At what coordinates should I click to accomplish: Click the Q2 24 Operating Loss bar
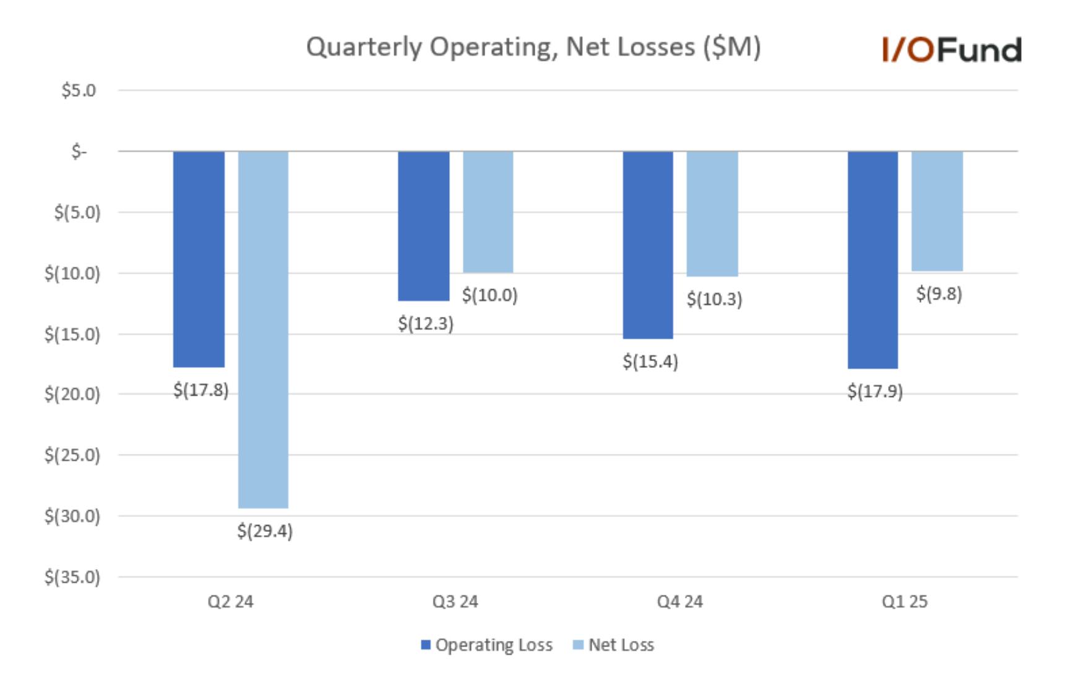199,259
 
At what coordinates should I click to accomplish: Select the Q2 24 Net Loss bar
263,329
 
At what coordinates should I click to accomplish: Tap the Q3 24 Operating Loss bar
424,226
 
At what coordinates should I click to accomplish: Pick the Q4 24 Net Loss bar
712,214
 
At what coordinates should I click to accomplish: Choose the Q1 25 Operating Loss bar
873,260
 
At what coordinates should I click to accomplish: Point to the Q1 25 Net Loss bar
937,211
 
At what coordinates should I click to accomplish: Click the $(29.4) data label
265,531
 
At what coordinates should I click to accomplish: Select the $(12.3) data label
426,323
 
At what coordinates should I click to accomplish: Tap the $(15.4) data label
650,361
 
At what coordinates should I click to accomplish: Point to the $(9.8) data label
939,294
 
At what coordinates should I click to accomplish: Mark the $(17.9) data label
875,391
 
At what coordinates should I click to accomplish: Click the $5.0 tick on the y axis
79,90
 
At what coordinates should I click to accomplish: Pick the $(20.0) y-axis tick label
72,394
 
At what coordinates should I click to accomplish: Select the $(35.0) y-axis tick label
72,577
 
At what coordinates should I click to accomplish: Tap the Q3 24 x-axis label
455,601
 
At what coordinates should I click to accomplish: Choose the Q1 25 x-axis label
905,601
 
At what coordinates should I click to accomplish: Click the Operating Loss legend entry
486,645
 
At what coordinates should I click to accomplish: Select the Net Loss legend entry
613,645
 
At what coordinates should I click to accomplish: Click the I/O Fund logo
952,50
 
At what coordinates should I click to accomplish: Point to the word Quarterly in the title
364,48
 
